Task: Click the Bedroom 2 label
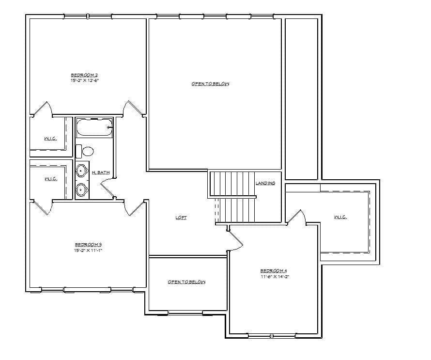tap(84, 75)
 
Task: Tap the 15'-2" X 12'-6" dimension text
tap(84, 80)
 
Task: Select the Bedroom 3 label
tap(88, 245)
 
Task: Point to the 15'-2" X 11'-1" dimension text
tap(88, 250)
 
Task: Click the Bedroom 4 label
tap(274, 271)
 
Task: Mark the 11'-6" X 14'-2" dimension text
tap(275, 277)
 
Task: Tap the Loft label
tap(181, 218)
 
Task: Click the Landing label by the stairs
tap(265, 183)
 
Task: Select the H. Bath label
tap(101, 172)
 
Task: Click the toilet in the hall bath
tap(85, 151)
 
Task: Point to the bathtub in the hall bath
tap(94, 127)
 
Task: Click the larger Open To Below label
tap(210, 84)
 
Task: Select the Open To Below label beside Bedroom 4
tap(186, 282)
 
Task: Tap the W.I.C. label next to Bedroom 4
tap(340, 217)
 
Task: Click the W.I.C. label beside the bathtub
tap(50, 139)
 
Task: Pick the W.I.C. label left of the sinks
tap(51, 179)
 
